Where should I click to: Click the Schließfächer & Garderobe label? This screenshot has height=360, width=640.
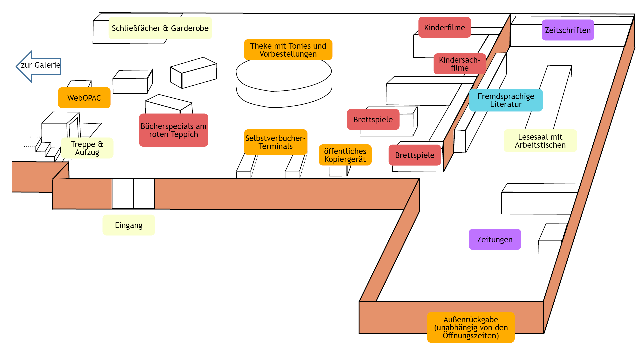[160, 28]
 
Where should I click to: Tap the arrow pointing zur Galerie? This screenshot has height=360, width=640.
[38, 66]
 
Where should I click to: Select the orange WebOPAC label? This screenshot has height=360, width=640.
[84, 98]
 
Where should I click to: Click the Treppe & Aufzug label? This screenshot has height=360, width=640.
[87, 148]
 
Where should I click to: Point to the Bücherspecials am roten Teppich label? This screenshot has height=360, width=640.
[173, 130]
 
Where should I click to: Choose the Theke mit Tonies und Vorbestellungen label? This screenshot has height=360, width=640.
[288, 50]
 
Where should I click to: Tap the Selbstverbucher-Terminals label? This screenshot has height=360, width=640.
[275, 142]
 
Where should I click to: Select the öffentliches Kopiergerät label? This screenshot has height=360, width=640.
[345, 155]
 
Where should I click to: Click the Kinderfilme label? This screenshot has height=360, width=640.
[444, 27]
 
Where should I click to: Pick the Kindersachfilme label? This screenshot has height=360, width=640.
[459, 64]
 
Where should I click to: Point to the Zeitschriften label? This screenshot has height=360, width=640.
[568, 30]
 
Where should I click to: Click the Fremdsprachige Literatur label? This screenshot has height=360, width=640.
[506, 100]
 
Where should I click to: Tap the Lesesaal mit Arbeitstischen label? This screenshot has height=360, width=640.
[540, 141]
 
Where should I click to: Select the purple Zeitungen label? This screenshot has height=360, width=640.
[495, 239]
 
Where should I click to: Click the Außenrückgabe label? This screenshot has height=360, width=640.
[471, 327]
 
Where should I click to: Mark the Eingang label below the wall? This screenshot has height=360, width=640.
[129, 225]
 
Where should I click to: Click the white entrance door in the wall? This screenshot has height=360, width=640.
[133, 194]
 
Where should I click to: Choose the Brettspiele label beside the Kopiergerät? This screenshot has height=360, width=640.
[415, 155]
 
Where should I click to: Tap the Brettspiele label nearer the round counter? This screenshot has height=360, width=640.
[373, 119]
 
